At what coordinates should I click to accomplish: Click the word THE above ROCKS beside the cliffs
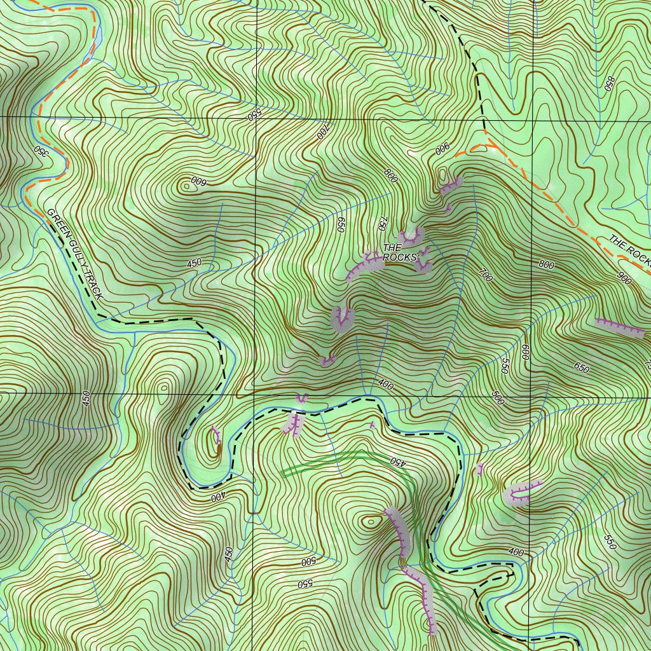[392, 247]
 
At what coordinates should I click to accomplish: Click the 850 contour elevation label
[610, 84]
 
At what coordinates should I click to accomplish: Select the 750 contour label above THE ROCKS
[382, 223]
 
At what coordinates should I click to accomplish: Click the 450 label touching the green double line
[397, 462]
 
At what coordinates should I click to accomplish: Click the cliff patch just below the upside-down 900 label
[451, 185]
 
